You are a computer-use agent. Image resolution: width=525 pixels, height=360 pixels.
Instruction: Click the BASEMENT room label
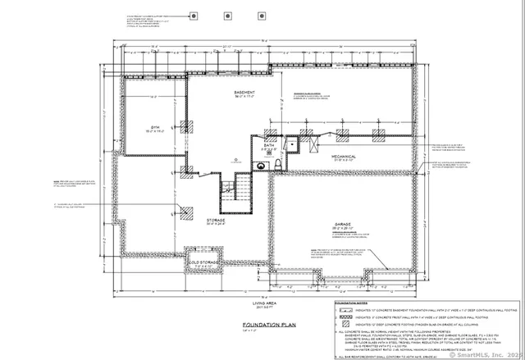click(245, 93)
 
